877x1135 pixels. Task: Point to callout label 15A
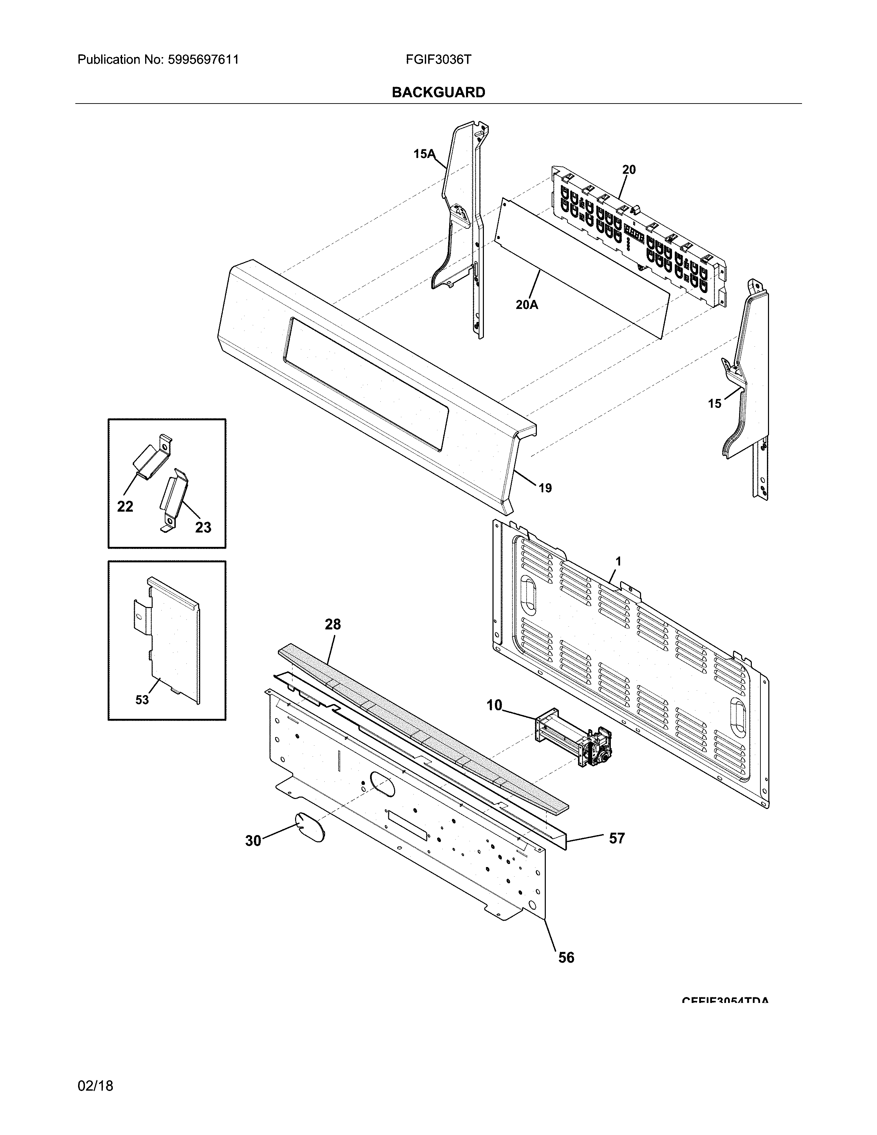424,154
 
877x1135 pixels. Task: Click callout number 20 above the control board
629,170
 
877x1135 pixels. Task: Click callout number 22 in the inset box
125,506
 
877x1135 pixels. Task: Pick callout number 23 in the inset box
203,528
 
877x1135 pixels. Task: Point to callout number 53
142,700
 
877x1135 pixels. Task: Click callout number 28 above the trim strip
333,624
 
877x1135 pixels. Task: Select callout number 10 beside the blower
494,705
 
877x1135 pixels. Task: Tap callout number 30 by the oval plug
253,840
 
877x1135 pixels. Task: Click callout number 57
616,838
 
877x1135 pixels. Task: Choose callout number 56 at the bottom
566,957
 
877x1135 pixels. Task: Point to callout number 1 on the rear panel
618,561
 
